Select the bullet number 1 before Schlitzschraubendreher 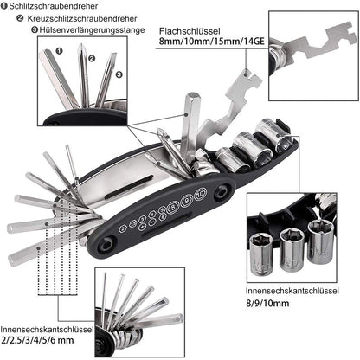tap(5, 6)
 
